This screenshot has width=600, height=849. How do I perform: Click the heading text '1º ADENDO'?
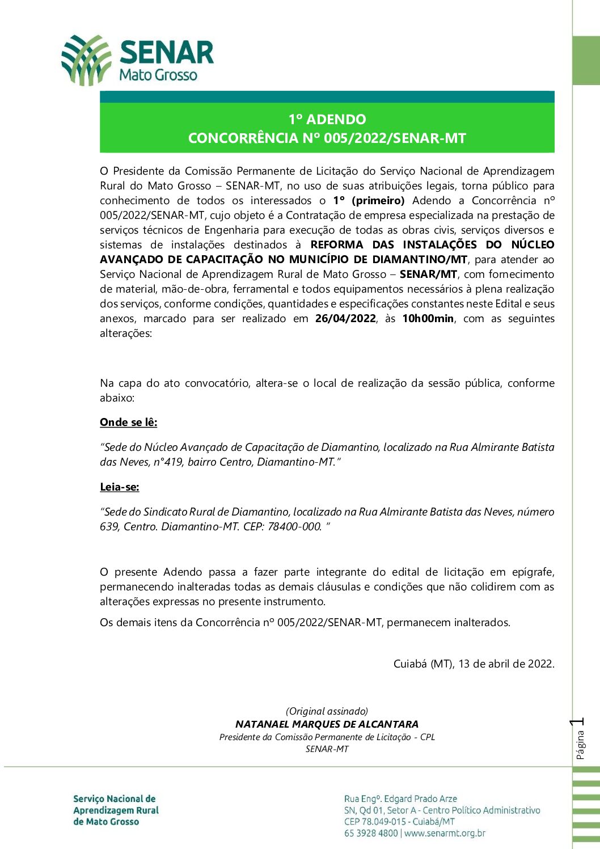click(x=327, y=119)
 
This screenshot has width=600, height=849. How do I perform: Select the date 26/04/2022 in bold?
click(x=345, y=319)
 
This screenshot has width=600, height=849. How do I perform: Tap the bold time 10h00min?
click(x=428, y=319)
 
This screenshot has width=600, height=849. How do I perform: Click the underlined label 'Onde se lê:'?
click(x=129, y=423)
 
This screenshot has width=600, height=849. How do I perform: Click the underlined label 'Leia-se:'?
click(x=120, y=487)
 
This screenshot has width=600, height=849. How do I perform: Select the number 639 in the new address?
click(x=108, y=527)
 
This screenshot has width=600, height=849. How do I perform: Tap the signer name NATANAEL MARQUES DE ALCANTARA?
click(x=327, y=724)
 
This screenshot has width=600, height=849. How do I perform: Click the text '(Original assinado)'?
click(x=327, y=711)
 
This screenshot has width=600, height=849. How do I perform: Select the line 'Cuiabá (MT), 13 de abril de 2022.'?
click(x=474, y=664)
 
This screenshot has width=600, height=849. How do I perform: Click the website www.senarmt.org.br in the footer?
click(x=445, y=833)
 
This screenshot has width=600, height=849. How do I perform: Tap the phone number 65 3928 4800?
click(x=371, y=833)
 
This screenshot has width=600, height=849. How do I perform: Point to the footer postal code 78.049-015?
click(x=383, y=822)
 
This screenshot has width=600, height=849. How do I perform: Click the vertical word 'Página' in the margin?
click(x=580, y=745)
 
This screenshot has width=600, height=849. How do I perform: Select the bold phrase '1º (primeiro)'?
click(x=369, y=201)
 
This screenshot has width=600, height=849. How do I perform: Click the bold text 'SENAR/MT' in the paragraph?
click(x=428, y=274)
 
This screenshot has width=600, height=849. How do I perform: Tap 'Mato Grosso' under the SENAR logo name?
click(x=158, y=75)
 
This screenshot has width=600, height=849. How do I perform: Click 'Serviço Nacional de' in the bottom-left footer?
click(x=114, y=799)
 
